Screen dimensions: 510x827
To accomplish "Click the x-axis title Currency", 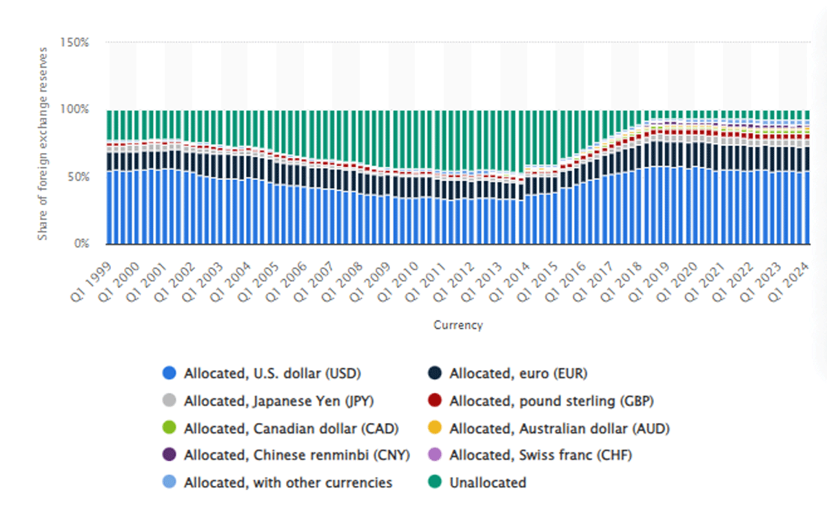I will coord(458,325).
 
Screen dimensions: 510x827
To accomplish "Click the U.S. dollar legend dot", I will coord(170,374).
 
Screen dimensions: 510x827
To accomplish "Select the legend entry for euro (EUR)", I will coord(518,374).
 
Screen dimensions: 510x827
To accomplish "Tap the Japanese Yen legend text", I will coord(279,400).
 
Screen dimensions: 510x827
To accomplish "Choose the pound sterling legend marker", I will coord(435,400).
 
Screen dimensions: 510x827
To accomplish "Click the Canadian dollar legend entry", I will coord(291,428).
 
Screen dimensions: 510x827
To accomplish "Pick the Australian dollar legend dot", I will coord(435,428).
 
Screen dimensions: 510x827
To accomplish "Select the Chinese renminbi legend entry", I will coord(296,455).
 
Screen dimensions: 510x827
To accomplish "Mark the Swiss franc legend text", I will coord(540,455).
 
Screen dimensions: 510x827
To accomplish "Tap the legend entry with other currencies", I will coord(288,482).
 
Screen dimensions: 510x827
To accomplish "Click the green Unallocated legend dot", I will coord(435,482).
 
